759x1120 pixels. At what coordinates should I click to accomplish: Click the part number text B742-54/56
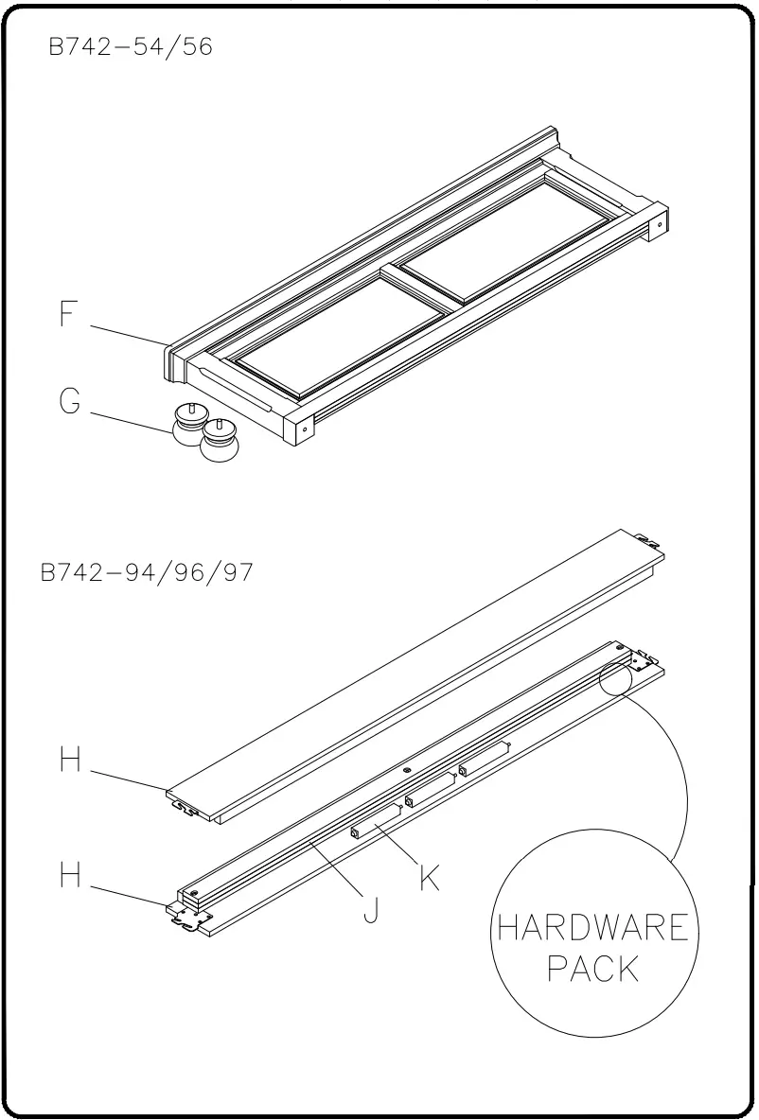point(131,47)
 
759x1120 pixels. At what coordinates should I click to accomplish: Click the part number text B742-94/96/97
point(147,573)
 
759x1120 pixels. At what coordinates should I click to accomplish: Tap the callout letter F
point(67,314)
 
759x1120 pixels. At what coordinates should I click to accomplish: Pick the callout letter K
point(429,878)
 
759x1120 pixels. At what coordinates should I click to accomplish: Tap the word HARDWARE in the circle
point(593,928)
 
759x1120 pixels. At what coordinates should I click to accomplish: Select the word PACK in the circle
point(593,970)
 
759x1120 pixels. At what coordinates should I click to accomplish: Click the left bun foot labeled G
point(192,429)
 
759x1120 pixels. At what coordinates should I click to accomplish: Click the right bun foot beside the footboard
point(221,442)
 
